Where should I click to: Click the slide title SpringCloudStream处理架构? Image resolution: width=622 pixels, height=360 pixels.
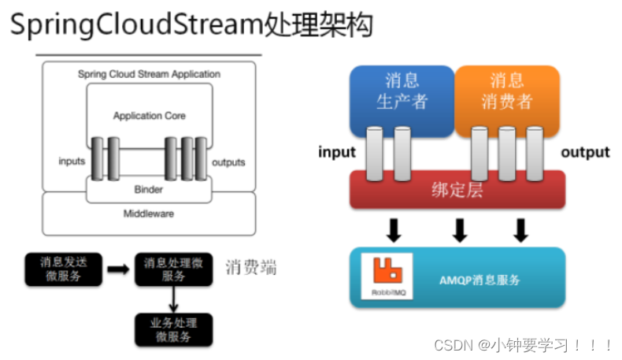[x=191, y=24]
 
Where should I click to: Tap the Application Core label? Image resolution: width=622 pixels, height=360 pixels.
[x=149, y=116]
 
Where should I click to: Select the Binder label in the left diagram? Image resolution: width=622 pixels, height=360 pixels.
[x=148, y=189]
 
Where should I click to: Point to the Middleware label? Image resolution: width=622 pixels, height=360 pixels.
[x=148, y=213]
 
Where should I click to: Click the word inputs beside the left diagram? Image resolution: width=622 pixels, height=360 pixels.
[x=72, y=161]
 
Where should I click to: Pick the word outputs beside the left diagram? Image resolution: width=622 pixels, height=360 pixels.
[x=228, y=162]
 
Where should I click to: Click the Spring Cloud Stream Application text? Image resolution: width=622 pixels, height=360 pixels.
[x=149, y=74]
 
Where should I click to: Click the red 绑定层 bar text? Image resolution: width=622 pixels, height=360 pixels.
[x=457, y=190]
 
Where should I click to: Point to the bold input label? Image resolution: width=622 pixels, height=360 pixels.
[x=337, y=152]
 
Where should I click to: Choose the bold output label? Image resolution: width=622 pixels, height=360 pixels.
[x=585, y=152]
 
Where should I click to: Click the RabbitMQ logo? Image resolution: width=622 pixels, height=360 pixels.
[x=387, y=276]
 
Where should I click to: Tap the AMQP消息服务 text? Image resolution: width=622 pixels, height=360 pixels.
[x=479, y=280]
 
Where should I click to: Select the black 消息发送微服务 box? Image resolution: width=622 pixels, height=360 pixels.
[x=64, y=269]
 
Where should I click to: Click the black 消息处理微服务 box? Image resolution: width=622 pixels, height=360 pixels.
[x=173, y=269]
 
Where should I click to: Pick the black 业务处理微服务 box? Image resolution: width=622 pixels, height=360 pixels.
[x=173, y=330]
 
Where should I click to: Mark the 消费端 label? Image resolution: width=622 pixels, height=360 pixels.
[x=250, y=268]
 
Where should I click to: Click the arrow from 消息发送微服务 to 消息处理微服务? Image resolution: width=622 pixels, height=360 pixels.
[x=118, y=269]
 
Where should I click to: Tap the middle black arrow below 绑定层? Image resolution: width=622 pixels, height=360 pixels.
[x=460, y=230]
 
